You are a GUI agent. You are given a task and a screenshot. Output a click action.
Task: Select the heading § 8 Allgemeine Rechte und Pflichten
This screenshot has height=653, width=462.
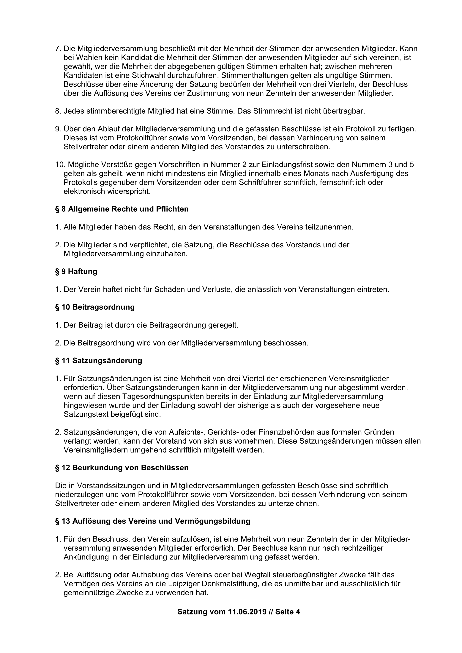122,209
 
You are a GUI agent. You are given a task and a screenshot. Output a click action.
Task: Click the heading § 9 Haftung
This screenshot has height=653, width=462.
76,272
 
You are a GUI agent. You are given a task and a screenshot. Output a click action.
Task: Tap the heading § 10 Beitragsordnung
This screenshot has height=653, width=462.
95,307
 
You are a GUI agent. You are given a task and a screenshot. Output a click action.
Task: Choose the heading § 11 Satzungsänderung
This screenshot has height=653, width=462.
98,361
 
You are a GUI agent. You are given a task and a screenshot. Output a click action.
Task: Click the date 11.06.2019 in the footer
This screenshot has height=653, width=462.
247,612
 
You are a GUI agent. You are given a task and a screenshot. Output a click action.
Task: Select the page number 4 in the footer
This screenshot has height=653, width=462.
298,612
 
